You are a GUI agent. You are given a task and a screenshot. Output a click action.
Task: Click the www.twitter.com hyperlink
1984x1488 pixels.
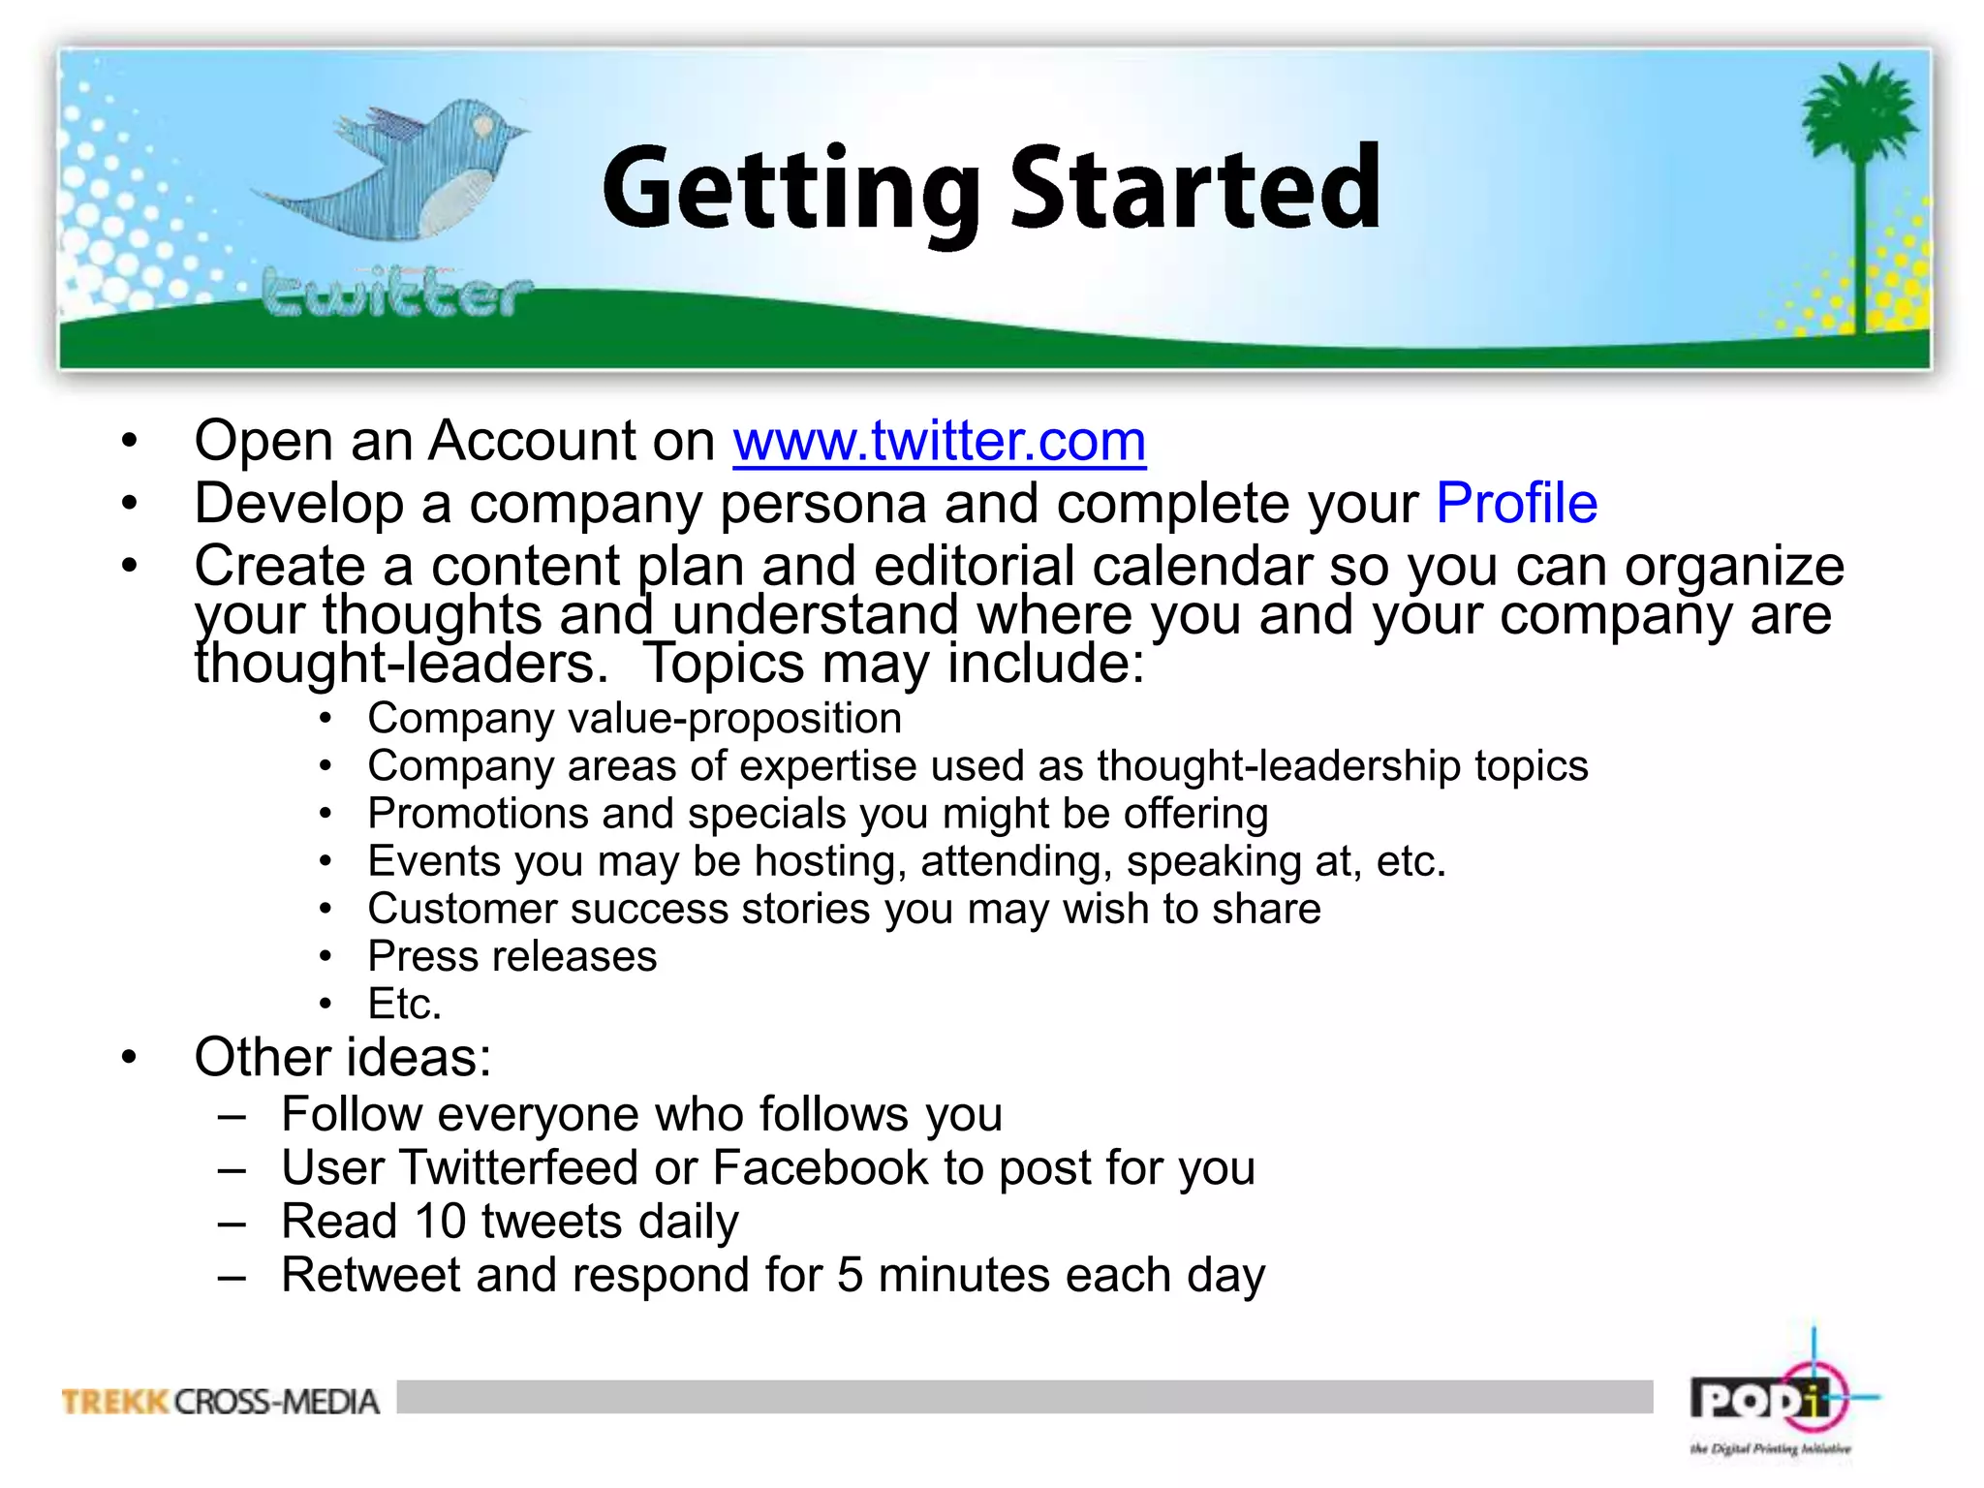[939, 442]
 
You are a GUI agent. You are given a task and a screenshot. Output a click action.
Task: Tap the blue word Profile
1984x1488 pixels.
[1516, 504]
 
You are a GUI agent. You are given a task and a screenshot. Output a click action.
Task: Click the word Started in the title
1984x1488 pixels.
[1195, 188]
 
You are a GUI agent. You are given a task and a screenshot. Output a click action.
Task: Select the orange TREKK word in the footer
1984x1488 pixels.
[115, 1402]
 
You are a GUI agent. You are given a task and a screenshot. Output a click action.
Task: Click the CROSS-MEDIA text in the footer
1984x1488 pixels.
[277, 1402]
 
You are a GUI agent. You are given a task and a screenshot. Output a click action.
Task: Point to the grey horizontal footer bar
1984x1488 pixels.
[1024, 1396]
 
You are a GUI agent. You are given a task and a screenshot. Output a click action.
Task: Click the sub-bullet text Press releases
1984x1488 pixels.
[511, 957]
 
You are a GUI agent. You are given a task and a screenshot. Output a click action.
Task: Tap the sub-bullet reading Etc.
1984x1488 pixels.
[404, 1005]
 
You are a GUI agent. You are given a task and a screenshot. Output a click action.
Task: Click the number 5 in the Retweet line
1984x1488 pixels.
[850, 1275]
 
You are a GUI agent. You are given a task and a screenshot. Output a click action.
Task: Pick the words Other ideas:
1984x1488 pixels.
[342, 1057]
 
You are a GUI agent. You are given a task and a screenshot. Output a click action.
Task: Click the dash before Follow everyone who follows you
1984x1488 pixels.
[232, 1116]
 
